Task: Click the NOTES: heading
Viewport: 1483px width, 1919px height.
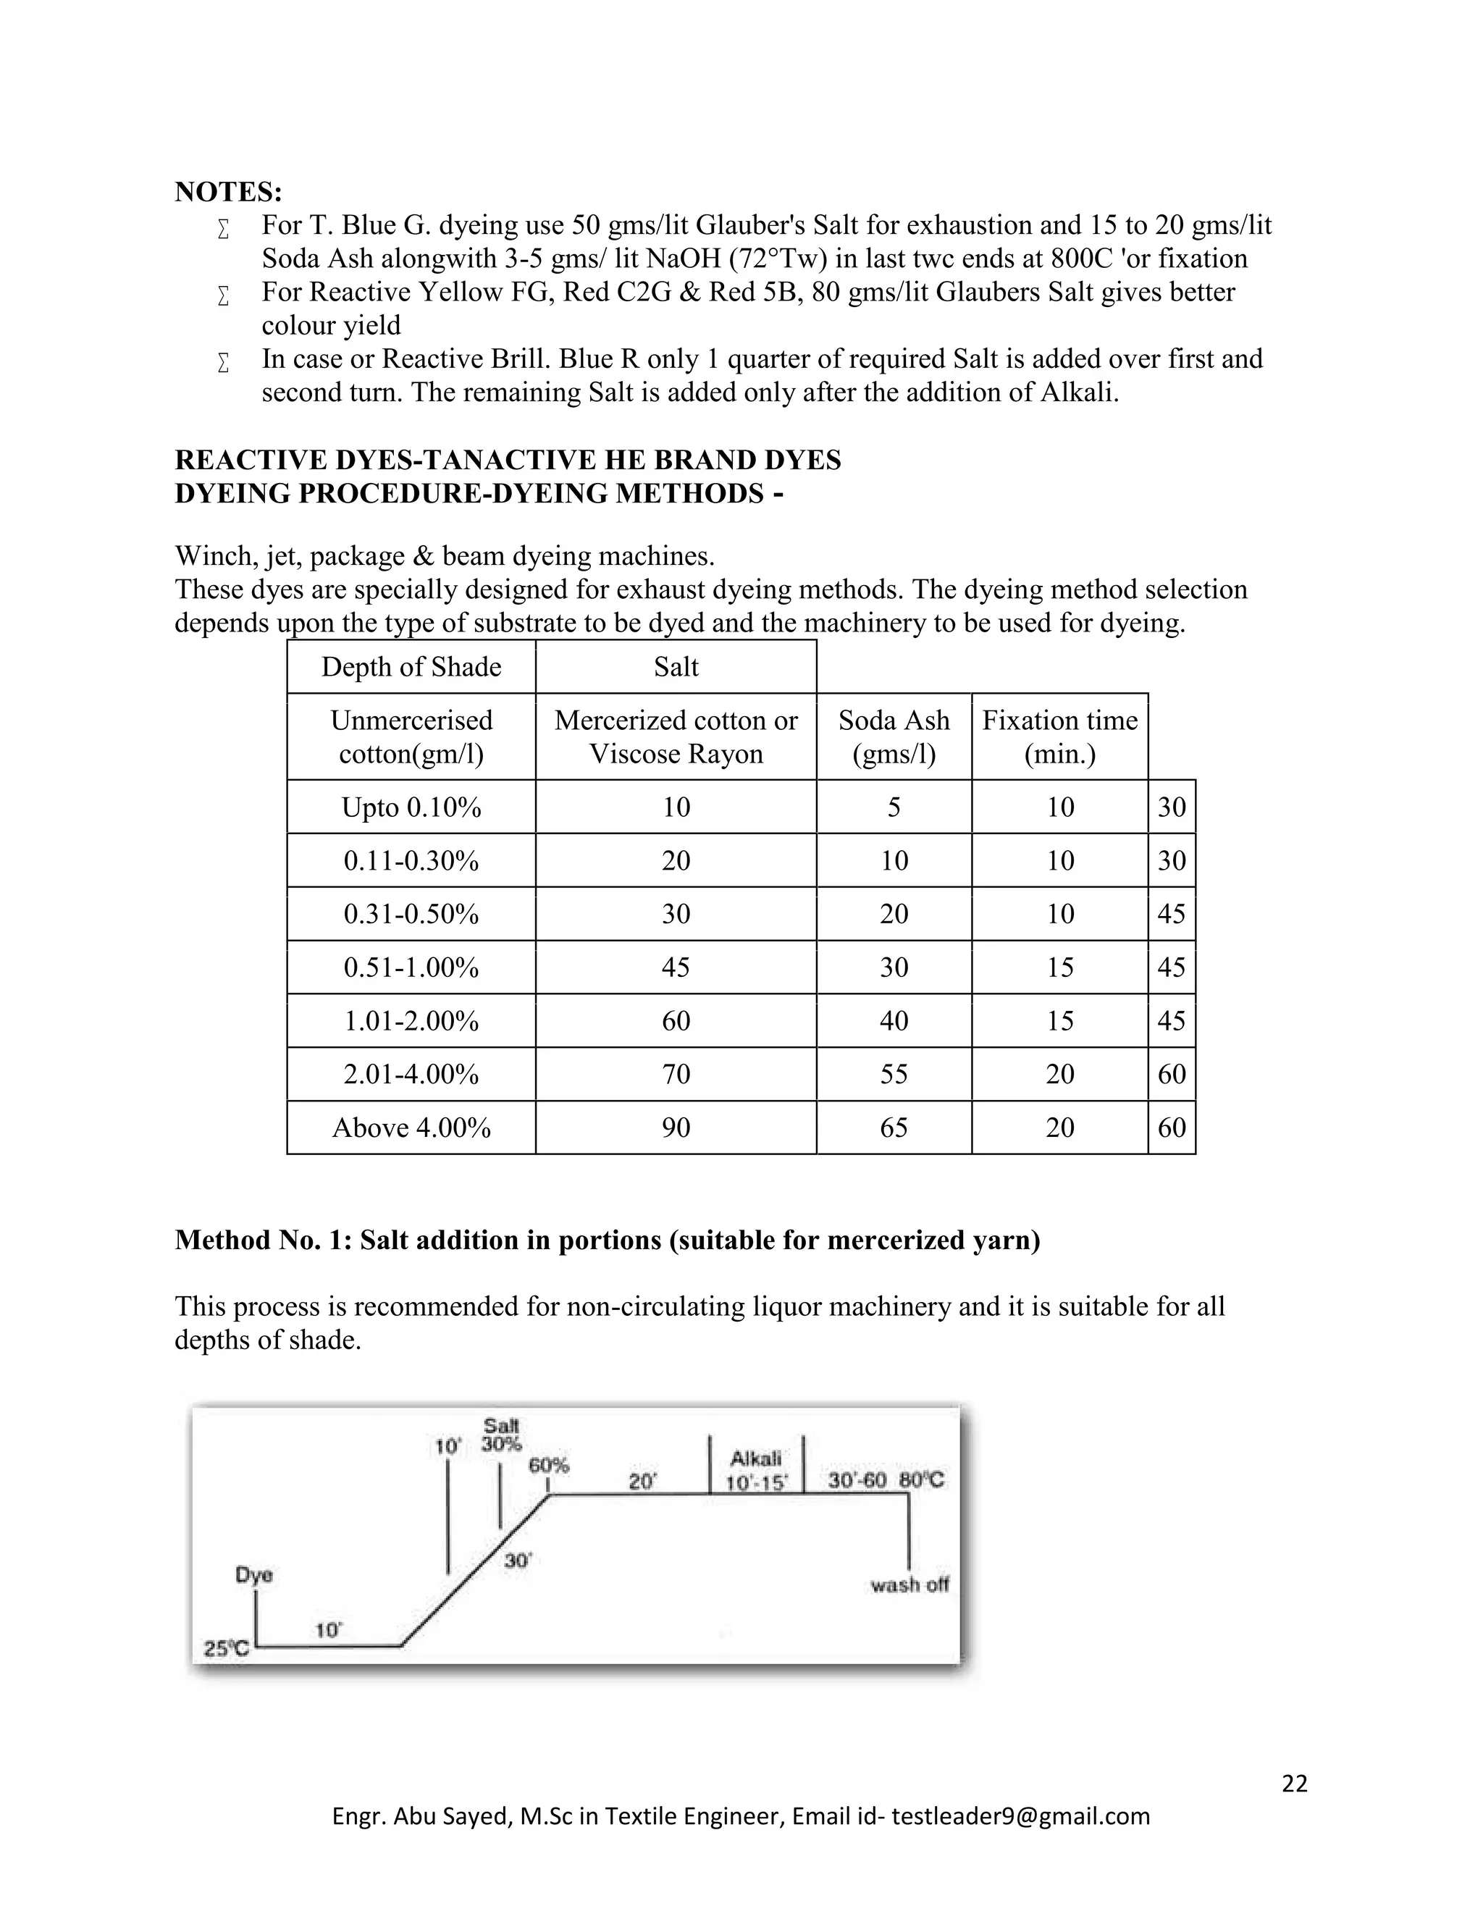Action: [x=228, y=192]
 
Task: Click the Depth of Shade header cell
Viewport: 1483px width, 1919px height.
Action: [x=411, y=667]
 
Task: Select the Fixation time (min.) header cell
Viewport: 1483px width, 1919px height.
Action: [x=1059, y=736]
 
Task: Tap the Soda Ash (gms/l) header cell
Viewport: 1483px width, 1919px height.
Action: [x=894, y=736]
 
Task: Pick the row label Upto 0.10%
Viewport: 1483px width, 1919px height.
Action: [x=411, y=807]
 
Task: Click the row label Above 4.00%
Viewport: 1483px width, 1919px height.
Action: [x=411, y=1128]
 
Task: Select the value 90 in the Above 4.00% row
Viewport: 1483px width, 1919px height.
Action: [x=676, y=1128]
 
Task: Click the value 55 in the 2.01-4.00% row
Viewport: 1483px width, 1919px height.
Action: [x=894, y=1074]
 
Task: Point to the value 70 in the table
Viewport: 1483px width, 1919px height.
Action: [x=676, y=1074]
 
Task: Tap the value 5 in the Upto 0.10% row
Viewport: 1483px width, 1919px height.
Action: [x=894, y=807]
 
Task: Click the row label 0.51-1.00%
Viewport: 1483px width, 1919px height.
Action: [x=411, y=967]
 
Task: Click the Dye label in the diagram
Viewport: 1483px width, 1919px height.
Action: [x=254, y=1576]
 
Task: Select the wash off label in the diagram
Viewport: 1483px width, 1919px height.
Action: [x=909, y=1585]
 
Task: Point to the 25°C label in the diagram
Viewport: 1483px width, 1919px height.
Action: [x=226, y=1649]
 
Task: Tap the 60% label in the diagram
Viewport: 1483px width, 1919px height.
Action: [x=549, y=1465]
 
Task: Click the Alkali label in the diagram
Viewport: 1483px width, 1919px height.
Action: [x=755, y=1458]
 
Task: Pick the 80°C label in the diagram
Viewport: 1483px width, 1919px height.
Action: [x=922, y=1481]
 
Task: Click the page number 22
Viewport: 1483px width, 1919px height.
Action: [x=1295, y=1783]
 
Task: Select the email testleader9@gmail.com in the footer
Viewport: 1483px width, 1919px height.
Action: [x=1020, y=1816]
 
